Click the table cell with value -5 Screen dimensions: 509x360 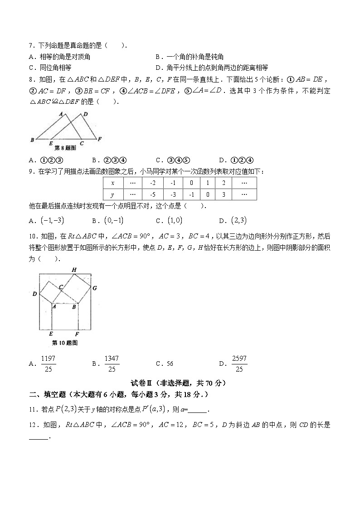(152, 194)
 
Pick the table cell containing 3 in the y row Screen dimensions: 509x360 (224, 194)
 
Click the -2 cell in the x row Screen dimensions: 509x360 (152, 183)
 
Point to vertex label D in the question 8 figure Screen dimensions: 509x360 (86, 114)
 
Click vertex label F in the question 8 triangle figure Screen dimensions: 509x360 (100, 139)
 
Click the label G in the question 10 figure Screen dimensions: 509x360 (94, 287)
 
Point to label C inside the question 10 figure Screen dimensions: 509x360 (60, 286)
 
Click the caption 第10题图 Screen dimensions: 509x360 (65, 343)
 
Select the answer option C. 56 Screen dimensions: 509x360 (164, 364)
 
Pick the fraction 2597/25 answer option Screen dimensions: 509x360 (239, 364)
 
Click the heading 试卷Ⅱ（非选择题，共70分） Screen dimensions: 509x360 (180, 383)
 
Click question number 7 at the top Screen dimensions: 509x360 (31, 46)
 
